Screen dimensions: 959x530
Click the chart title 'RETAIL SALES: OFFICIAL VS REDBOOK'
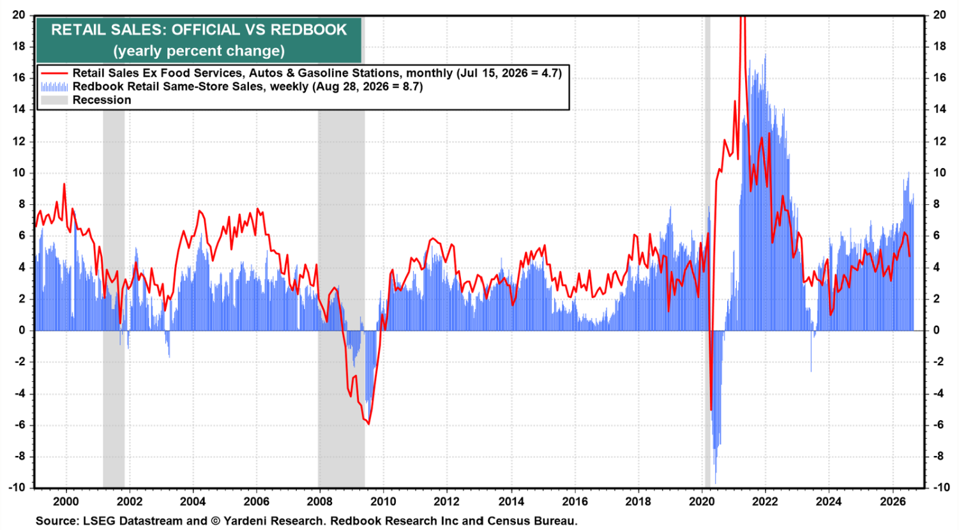click(x=199, y=30)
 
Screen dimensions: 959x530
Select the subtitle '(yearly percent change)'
click(x=199, y=51)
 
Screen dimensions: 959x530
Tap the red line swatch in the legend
click(x=54, y=73)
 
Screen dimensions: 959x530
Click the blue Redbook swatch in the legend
click(x=54, y=87)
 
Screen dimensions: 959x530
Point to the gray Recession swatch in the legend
click(x=54, y=100)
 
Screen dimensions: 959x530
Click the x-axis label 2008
click(x=320, y=501)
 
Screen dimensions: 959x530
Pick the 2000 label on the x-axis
click(x=66, y=501)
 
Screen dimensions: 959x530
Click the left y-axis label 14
click(x=19, y=110)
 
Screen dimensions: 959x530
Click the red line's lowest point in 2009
click(x=368, y=424)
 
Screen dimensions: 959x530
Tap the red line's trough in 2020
click(x=711, y=410)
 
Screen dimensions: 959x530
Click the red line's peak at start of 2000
click(x=64, y=184)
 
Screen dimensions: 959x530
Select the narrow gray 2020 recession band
click(x=707, y=252)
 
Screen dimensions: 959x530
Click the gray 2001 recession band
click(x=114, y=299)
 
